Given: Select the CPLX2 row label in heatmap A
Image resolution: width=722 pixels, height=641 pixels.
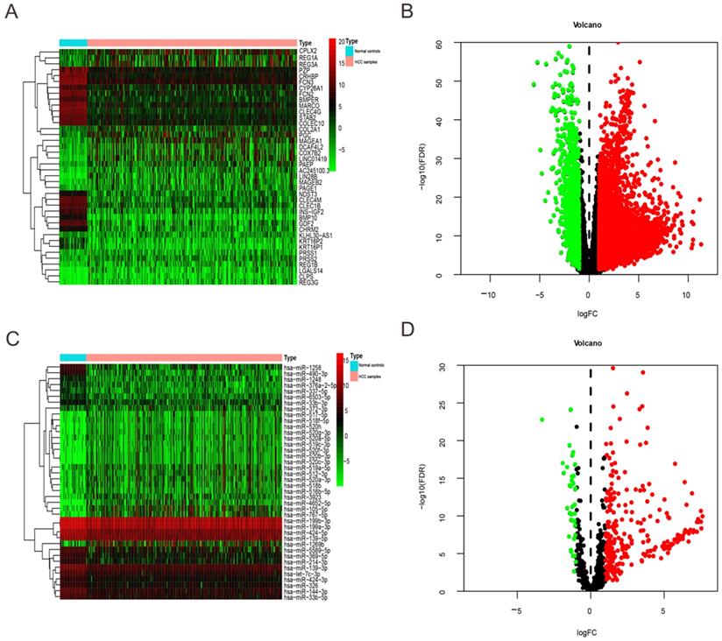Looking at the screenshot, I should pyautogui.click(x=307, y=52).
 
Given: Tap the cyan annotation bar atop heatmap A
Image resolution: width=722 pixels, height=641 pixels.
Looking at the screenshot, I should pyautogui.click(x=73, y=42).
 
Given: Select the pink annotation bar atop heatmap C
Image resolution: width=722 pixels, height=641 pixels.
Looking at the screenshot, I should pyautogui.click(x=184, y=357).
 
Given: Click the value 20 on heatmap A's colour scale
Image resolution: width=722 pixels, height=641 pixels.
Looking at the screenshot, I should pyautogui.click(x=339, y=41).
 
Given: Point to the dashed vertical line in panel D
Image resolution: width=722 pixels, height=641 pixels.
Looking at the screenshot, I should pyautogui.click(x=591, y=482).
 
